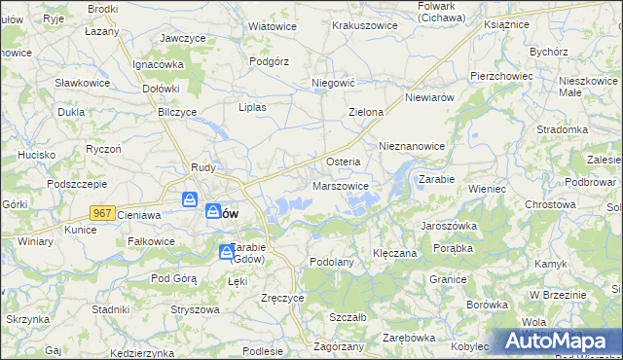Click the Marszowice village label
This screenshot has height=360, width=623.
(341, 186)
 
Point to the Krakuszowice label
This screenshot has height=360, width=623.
(364, 25)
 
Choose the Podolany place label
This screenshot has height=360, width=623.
(331, 262)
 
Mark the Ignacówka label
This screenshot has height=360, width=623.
(159, 64)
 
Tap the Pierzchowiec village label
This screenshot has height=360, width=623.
(500, 75)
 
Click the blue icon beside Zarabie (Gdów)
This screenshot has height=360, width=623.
(226, 253)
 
